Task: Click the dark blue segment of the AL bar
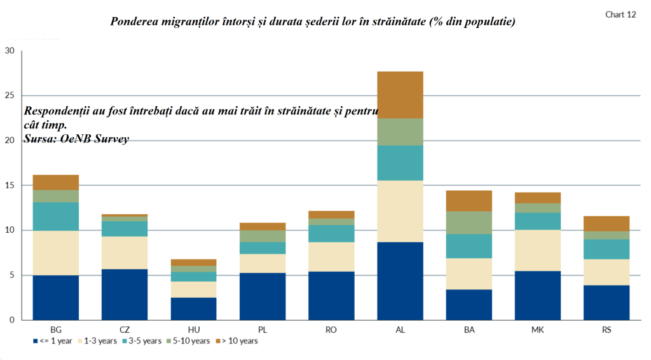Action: [400, 280]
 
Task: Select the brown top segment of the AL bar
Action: [400, 95]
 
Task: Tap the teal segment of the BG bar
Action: [56, 216]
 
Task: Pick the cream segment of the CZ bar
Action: [125, 253]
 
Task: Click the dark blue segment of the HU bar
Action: [193, 308]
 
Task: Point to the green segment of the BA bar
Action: [469, 223]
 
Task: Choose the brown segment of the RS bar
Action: [606, 223]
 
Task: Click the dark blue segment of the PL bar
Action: [262, 296]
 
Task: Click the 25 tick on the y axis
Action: [10, 95]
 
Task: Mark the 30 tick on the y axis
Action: [10, 51]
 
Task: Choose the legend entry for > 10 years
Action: [236, 341]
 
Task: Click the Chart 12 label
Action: [620, 15]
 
